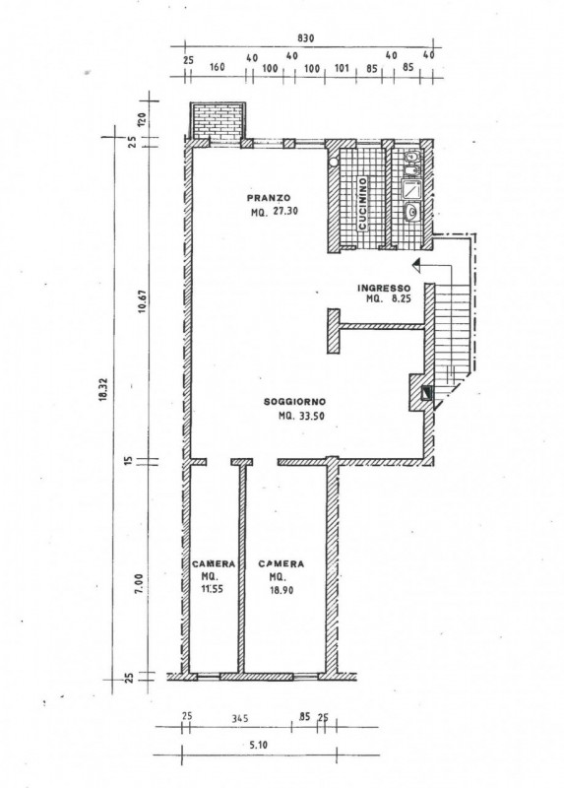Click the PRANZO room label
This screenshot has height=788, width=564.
tap(268, 198)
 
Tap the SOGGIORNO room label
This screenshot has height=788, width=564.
tap(295, 402)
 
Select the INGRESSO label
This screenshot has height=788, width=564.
tap(384, 288)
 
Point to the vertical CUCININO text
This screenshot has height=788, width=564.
tap(362, 204)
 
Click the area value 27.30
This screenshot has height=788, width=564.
tap(285, 212)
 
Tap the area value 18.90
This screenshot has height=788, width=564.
tap(281, 590)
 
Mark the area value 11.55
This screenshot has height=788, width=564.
tap(212, 589)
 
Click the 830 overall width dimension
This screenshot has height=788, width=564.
tap(305, 38)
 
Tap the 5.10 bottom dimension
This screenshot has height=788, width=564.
tap(258, 745)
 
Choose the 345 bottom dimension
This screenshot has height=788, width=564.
tap(239, 719)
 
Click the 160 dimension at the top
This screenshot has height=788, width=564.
tap(217, 67)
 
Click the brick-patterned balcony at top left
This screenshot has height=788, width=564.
tap(218, 121)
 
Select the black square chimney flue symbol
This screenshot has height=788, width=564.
tap(426, 392)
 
